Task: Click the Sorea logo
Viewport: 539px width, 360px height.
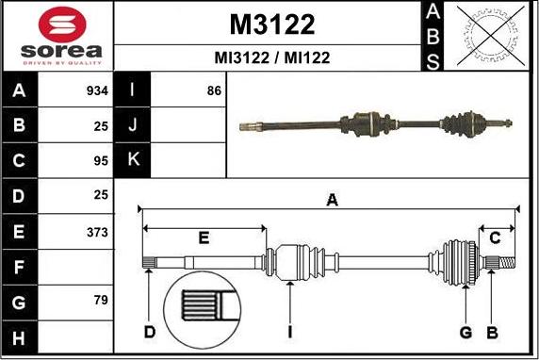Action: tap(57, 36)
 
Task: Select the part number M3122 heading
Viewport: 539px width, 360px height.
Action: tap(272, 24)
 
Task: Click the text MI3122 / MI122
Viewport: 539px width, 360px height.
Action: tap(272, 57)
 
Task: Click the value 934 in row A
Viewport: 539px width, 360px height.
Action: tap(97, 91)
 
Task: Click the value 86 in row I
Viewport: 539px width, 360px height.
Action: tap(214, 91)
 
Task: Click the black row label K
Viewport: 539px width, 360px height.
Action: tap(133, 160)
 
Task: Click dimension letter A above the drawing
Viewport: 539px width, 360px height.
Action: tap(331, 199)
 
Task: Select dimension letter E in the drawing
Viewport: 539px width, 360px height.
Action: tap(204, 238)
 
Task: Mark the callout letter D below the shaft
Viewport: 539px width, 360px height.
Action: tap(150, 332)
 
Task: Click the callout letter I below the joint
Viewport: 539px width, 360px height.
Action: tap(291, 332)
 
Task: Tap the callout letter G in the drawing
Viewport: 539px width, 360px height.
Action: tap(465, 332)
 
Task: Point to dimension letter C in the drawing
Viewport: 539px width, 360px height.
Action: tap(495, 238)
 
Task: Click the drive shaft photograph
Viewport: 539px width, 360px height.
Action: tap(377, 123)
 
